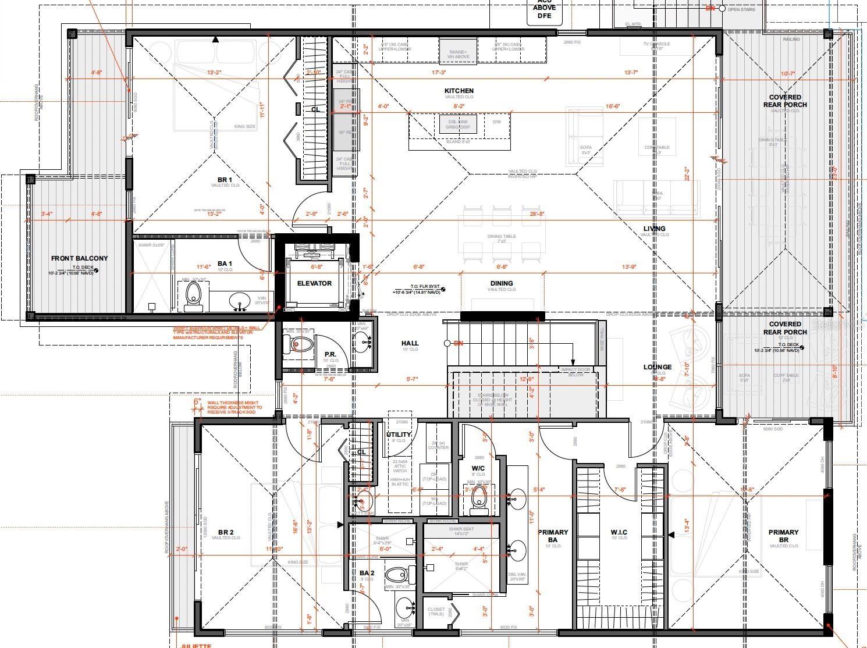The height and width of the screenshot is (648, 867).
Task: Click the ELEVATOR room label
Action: coord(314,283)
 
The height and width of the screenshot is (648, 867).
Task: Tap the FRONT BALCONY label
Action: coord(79,258)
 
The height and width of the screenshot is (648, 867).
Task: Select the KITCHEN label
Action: coord(459,91)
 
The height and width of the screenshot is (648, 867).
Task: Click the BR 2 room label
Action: coord(226,532)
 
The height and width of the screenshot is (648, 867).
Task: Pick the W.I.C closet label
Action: coord(619,532)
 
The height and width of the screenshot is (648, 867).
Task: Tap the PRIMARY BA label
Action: coord(553,536)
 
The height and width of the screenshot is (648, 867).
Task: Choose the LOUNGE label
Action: coord(658,367)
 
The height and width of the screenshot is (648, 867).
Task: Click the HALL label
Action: coord(410,343)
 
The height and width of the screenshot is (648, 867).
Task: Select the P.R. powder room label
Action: coord(331,354)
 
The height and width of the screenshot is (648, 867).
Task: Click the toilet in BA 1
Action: coord(193,295)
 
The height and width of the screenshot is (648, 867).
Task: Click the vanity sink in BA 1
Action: coord(239,301)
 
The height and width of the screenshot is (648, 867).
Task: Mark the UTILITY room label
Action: coord(399,435)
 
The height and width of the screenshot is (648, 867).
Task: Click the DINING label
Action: coord(501,283)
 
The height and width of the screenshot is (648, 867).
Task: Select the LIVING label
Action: coord(654,229)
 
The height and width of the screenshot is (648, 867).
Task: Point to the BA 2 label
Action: coord(367,573)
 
